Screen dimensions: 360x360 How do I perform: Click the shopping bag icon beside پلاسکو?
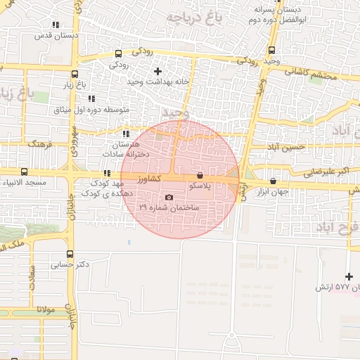[x=200, y=175]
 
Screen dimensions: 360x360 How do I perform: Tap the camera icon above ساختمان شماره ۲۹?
[x=169, y=197]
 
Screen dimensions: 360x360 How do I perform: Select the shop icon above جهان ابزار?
[x=273, y=181]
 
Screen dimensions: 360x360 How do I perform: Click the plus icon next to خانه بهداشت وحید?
[x=157, y=71]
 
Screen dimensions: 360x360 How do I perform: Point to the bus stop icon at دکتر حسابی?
[x=70, y=255]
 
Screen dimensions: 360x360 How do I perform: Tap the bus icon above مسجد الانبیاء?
[x=25, y=172]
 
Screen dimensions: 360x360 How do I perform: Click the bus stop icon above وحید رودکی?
[x=271, y=50]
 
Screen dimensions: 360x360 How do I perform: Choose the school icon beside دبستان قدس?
[x=56, y=25]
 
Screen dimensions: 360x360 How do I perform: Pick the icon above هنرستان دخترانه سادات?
[x=127, y=134]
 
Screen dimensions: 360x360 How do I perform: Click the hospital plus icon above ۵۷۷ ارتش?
[x=349, y=276]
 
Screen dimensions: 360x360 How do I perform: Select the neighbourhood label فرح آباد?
[x=337, y=227]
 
